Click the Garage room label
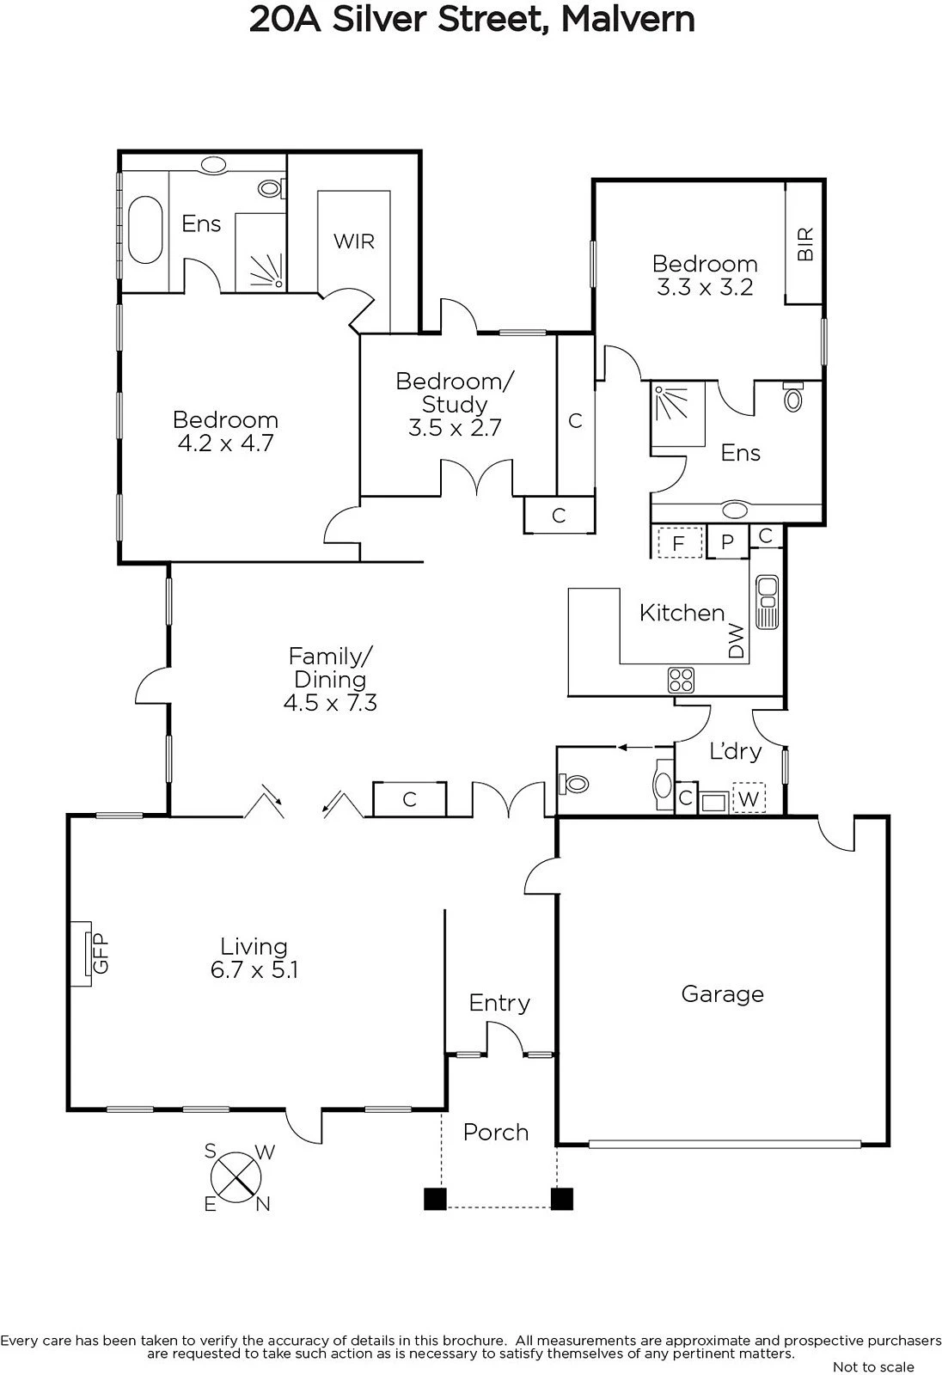pyautogui.click(x=722, y=993)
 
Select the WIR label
pyautogui.click(x=354, y=241)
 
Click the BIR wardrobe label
pyautogui.click(x=805, y=244)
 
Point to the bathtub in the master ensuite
pyautogui.click(x=145, y=229)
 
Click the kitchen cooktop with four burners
pyautogui.click(x=681, y=680)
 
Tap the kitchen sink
pyautogui.click(x=767, y=602)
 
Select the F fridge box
pyautogui.click(x=679, y=542)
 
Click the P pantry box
pyautogui.click(x=728, y=541)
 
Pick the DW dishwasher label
pyautogui.click(x=736, y=641)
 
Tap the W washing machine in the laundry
pyautogui.click(x=749, y=798)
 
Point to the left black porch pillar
pyautogui.click(x=436, y=1198)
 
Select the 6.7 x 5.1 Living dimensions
pyautogui.click(x=254, y=970)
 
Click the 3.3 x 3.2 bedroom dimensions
pyautogui.click(x=705, y=287)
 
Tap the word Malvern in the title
pyautogui.click(x=628, y=20)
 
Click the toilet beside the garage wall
pyautogui.click(x=573, y=784)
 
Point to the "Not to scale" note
pyautogui.click(x=874, y=1367)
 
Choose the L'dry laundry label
pyautogui.click(x=735, y=751)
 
